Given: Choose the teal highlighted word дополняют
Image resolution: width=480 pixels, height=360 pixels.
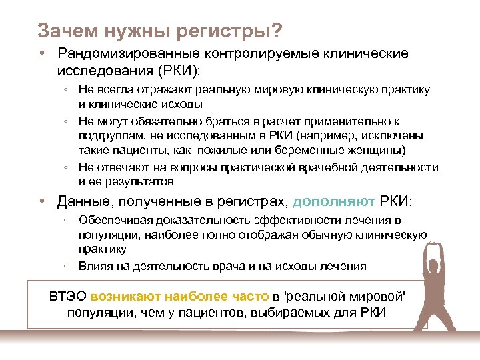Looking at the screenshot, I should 335,201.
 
